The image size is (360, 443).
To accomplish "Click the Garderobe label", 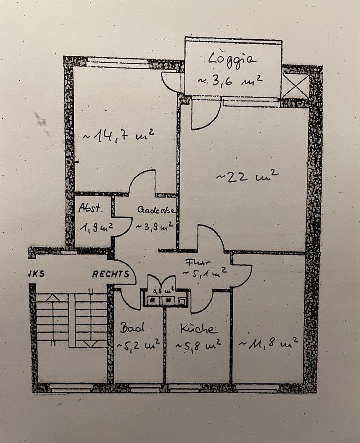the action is click(x=156, y=210).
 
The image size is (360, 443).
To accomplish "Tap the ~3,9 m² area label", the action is click(x=154, y=226).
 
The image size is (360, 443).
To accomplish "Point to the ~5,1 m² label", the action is click(x=205, y=272).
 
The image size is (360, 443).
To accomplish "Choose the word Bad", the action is click(x=133, y=328).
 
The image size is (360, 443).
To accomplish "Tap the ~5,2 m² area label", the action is click(x=138, y=344).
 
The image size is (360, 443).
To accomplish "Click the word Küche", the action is click(x=197, y=329).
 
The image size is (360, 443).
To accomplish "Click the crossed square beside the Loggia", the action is click(x=295, y=86).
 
